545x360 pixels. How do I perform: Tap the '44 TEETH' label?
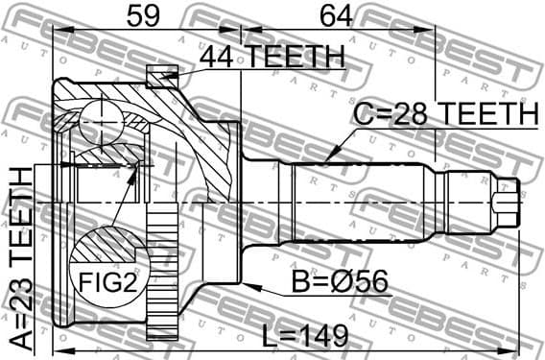[x=272, y=57]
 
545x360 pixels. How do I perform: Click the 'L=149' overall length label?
[x=301, y=337]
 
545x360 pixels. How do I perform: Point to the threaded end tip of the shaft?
[x=509, y=204]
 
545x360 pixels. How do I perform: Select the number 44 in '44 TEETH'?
[x=218, y=57]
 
